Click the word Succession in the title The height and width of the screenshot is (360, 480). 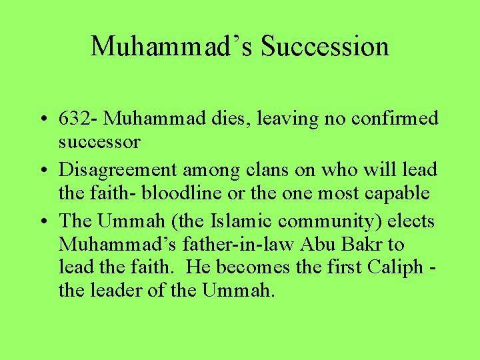(325, 47)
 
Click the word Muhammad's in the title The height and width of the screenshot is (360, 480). (172, 47)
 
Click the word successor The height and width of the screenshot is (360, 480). (99, 142)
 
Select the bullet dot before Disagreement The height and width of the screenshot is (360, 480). (43, 171)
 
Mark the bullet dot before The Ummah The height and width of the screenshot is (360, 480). (43, 221)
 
